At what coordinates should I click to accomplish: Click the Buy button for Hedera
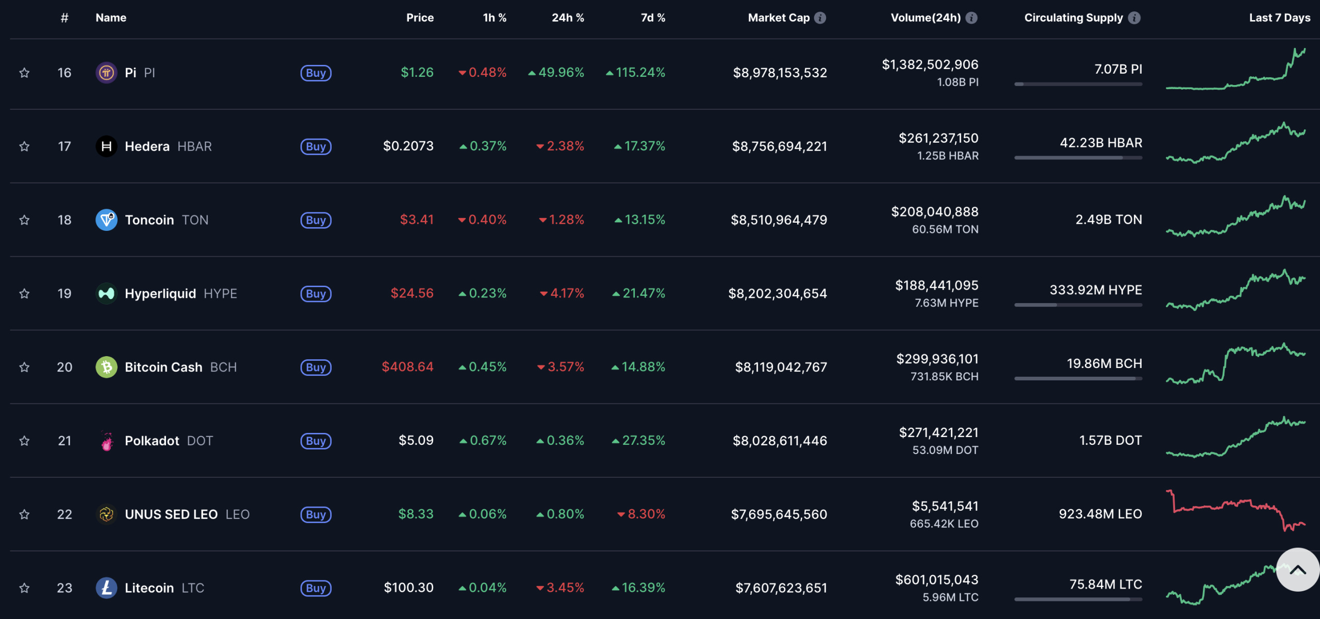[x=316, y=146]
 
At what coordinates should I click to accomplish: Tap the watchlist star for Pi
[x=24, y=73]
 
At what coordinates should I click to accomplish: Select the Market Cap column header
[x=778, y=18]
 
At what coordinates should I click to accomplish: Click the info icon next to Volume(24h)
[x=971, y=18]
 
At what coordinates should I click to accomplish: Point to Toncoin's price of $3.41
[x=417, y=220]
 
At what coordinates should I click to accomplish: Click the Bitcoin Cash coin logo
[x=106, y=367]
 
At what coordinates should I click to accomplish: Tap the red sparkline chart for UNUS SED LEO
[x=1235, y=511]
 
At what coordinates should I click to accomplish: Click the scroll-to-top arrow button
[x=1297, y=570]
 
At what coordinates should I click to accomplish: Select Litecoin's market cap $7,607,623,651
[x=781, y=588]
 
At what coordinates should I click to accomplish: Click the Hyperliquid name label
[x=160, y=293]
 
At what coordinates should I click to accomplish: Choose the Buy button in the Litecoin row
[x=316, y=588]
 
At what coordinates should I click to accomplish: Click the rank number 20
[x=64, y=367]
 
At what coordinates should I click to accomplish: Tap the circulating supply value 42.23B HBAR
[x=1101, y=143]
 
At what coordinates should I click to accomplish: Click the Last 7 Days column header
[x=1279, y=18]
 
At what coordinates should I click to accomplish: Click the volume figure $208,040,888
[x=934, y=212]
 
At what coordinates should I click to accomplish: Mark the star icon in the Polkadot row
[x=24, y=441]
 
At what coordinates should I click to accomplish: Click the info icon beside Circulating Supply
[x=1134, y=18]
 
